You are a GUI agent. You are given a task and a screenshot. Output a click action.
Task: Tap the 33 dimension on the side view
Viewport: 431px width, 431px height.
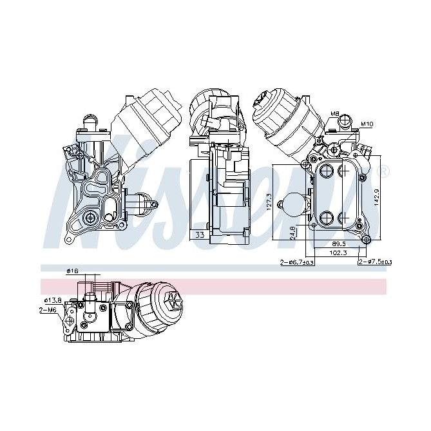(x=200, y=235)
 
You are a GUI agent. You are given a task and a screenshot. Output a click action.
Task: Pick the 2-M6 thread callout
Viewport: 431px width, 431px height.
(x=47, y=310)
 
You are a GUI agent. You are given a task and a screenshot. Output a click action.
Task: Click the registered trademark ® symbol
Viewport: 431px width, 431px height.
(x=385, y=172)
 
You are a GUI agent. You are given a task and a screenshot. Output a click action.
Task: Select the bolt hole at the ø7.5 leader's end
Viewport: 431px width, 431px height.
(x=366, y=240)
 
